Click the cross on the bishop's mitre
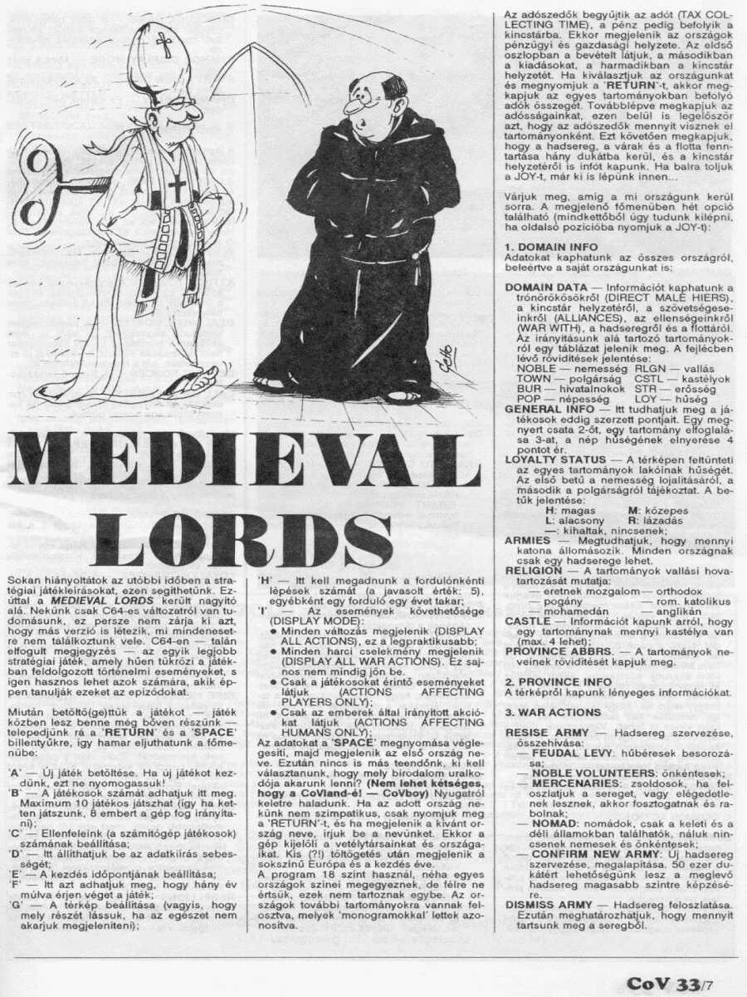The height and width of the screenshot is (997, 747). [x=164, y=44]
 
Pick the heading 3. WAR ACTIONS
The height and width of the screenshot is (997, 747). [x=552, y=712]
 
